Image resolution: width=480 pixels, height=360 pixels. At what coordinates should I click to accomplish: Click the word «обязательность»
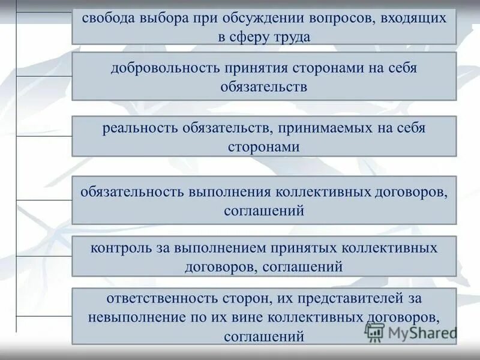[133, 192]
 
